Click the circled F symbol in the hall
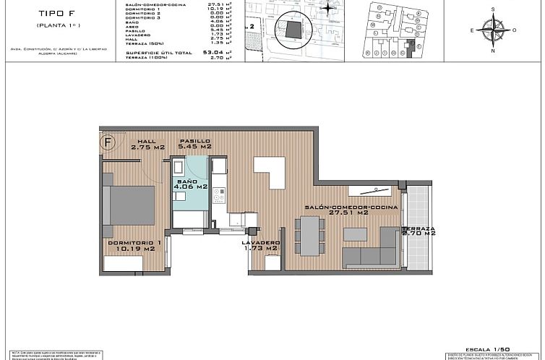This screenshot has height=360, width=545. point(109,142)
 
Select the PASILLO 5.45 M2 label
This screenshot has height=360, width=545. point(195,144)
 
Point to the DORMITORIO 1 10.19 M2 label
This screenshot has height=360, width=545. point(134,245)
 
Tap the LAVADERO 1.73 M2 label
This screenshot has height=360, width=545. point(261,245)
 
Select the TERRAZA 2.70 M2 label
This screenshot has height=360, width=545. point(419,231)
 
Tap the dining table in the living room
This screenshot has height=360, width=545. point(312,236)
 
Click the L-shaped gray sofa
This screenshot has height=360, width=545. point(369,254)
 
